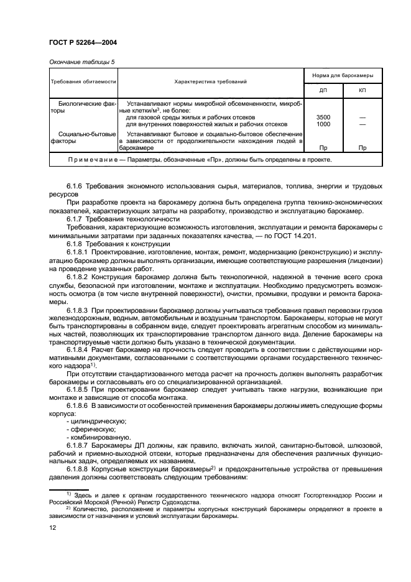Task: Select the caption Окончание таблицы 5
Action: click(81, 62)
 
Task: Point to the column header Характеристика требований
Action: click(211, 81)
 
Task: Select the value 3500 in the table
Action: click(323, 117)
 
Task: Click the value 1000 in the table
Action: click(323, 124)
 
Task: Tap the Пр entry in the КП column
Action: click(363, 148)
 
